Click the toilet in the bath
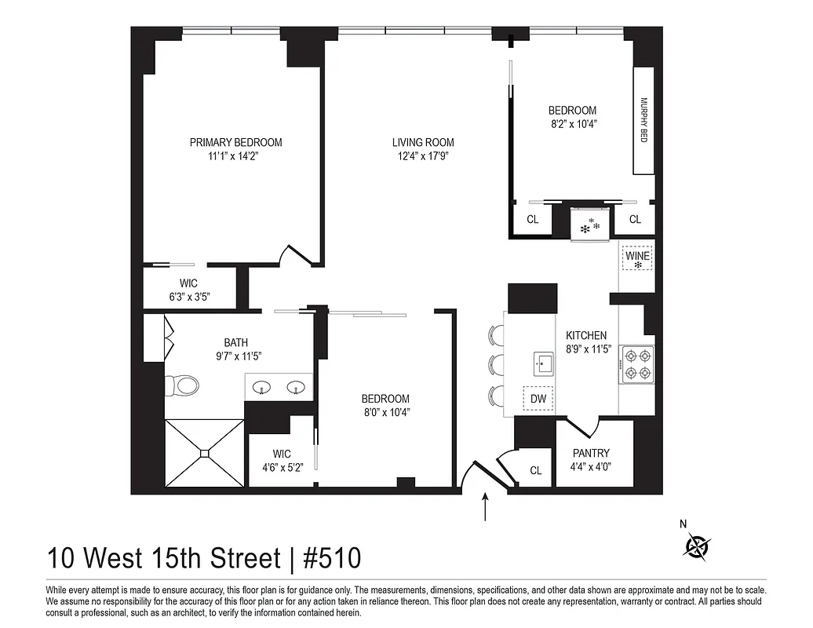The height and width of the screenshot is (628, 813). (x=182, y=385)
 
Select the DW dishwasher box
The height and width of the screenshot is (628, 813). (x=538, y=399)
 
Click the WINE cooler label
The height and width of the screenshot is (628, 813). (x=638, y=255)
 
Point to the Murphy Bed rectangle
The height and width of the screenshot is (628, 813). (x=643, y=120)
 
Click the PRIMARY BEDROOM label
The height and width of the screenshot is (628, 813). (x=235, y=142)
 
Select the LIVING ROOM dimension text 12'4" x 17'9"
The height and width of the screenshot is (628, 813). (x=423, y=155)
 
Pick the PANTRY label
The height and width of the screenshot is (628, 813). (x=591, y=453)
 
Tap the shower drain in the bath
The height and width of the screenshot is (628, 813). (x=205, y=452)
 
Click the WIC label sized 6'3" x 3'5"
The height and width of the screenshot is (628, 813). (x=188, y=297)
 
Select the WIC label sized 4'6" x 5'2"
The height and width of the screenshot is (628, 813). (x=282, y=467)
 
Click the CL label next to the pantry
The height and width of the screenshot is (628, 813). (x=536, y=471)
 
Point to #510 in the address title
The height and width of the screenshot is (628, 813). (x=332, y=559)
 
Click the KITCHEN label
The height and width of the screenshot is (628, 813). (x=586, y=335)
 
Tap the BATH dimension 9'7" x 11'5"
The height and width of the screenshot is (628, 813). (x=235, y=356)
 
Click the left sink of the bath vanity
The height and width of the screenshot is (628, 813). (x=263, y=386)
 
